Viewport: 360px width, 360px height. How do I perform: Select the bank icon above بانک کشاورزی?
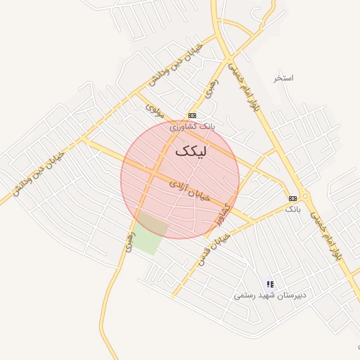[192, 115]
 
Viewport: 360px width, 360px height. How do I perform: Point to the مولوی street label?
[155, 110]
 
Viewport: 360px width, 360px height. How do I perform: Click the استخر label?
[284, 77]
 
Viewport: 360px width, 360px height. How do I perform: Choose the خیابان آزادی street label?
[190, 191]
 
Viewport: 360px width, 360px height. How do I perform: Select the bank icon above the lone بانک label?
[293, 198]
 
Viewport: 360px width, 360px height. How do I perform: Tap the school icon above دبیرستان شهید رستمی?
[269, 284]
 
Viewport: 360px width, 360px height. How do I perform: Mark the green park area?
[150, 235]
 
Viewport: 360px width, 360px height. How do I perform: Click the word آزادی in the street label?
[179, 185]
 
